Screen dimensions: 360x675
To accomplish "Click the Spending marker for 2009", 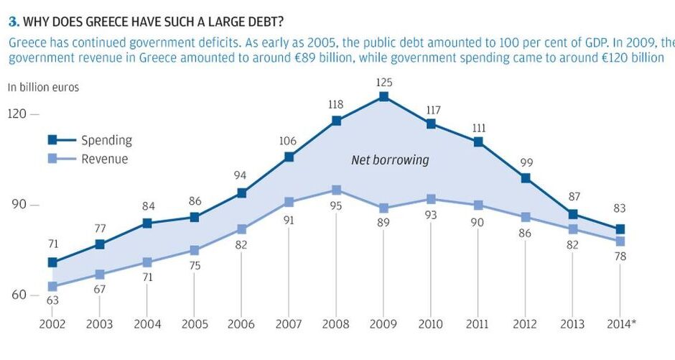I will click(x=383, y=96).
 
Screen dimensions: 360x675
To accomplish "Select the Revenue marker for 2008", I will click(x=336, y=190).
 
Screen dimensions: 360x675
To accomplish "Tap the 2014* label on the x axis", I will click(x=621, y=324).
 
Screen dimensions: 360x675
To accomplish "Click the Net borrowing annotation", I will click(x=390, y=160).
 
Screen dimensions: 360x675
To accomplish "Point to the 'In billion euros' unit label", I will click(x=43, y=88).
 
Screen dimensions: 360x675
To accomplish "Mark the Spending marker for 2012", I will click(x=526, y=178).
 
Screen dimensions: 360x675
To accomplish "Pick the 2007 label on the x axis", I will click(x=289, y=324).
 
